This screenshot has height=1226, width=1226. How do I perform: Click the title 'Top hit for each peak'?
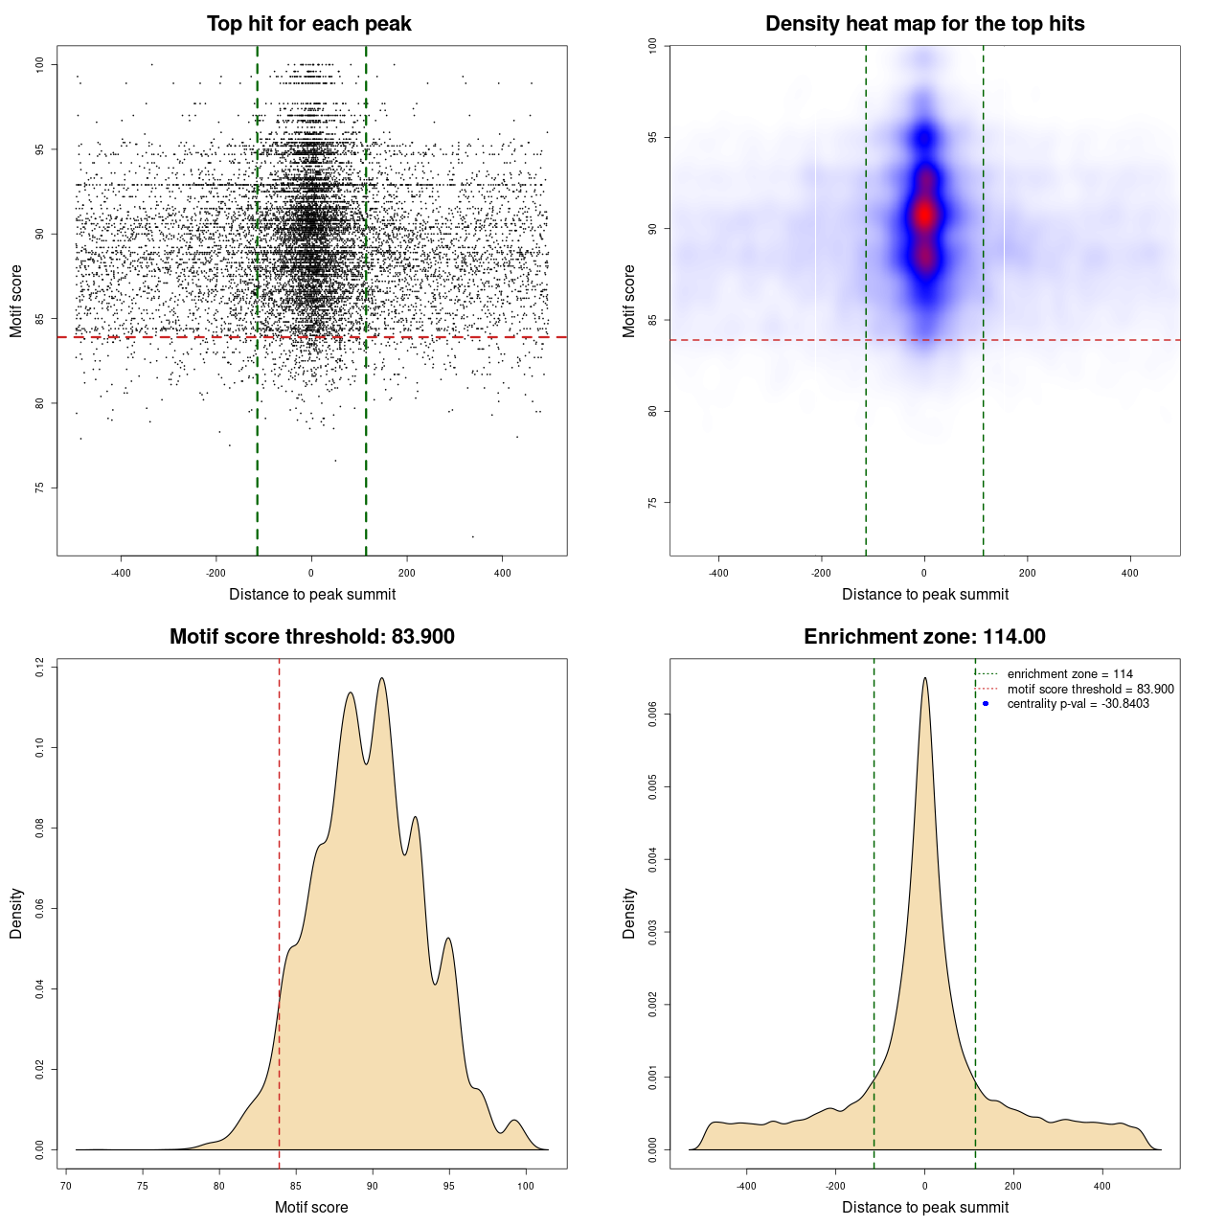pos(309,24)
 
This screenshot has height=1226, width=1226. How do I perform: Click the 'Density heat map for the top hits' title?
pos(924,24)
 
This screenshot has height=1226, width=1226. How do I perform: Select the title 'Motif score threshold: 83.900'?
pos(311,637)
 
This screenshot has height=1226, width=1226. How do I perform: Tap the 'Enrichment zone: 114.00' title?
pos(924,637)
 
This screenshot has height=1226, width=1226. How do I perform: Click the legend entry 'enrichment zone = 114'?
pos(1070,674)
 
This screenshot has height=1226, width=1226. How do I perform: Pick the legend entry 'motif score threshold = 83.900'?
pos(1090,690)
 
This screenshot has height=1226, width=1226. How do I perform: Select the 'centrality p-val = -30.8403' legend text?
pos(1078,704)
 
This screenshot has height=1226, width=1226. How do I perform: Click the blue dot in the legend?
pos(986,704)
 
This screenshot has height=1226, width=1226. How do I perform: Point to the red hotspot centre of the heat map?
pos(924,215)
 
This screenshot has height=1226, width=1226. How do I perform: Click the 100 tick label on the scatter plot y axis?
pos(40,64)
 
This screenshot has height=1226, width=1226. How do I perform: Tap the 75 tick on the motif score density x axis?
pos(143,1186)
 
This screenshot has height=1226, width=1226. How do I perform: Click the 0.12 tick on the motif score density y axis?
pos(40,667)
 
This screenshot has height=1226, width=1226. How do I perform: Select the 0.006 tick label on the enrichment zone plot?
pos(653,715)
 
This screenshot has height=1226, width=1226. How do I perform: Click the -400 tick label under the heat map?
pos(718,573)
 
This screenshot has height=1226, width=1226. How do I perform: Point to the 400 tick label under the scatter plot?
pos(503,573)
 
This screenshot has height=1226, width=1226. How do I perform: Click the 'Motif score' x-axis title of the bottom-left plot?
pos(311,1207)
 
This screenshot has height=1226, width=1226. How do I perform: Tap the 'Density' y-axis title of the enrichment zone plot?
pos(629,913)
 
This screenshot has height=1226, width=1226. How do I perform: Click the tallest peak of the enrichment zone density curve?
pos(924,678)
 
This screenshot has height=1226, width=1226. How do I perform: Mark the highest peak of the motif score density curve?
pos(382,678)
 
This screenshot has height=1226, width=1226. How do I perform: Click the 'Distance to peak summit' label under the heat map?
pos(924,594)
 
